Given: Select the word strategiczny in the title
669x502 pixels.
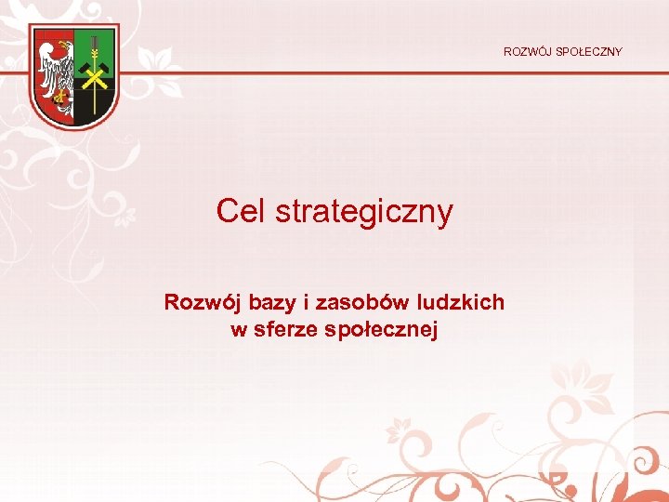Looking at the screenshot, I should point(363,213).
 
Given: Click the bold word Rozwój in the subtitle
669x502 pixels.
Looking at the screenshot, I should point(198,302).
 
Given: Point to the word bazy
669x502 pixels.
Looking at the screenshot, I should point(269,303).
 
